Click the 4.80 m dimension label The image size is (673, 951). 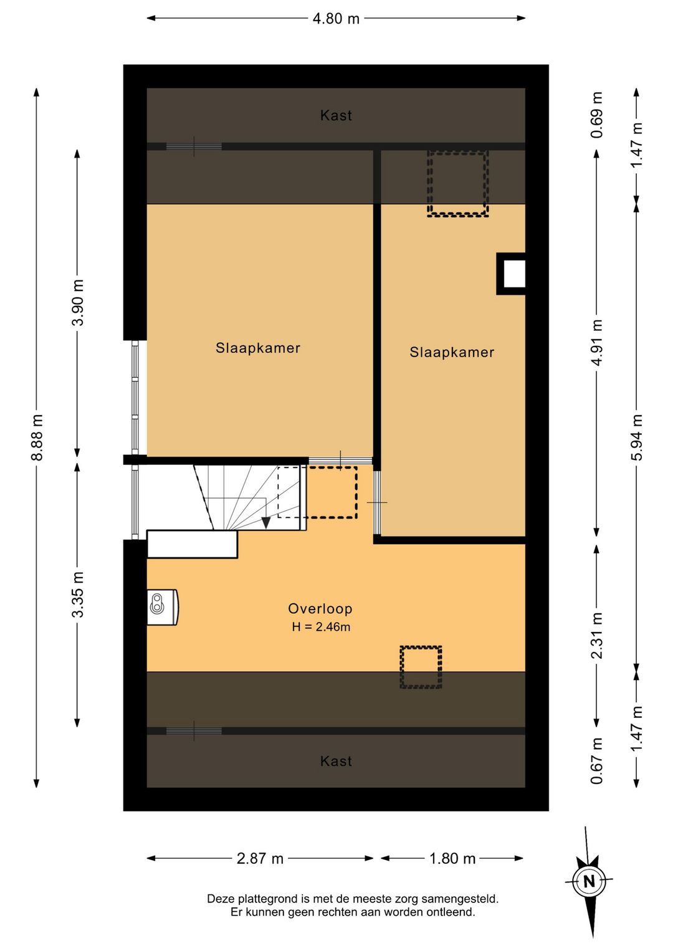click(x=336, y=19)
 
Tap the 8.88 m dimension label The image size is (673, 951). click(x=37, y=437)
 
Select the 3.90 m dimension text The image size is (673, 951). click(x=78, y=302)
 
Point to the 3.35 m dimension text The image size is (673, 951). click(x=78, y=595)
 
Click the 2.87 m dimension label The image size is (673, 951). click(x=260, y=858)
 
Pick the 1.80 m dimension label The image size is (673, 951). click(x=452, y=858)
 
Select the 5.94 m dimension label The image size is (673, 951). click(x=636, y=437)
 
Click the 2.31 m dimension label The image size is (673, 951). click(x=596, y=635)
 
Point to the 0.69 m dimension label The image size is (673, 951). click(x=596, y=115)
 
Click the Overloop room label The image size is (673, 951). click(x=320, y=609)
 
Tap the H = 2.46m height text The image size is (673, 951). click(x=321, y=627)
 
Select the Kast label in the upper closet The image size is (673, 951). click(x=336, y=115)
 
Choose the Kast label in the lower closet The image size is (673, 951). click(x=336, y=761)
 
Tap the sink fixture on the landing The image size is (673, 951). click(x=163, y=607)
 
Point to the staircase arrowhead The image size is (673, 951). click(x=266, y=523)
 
